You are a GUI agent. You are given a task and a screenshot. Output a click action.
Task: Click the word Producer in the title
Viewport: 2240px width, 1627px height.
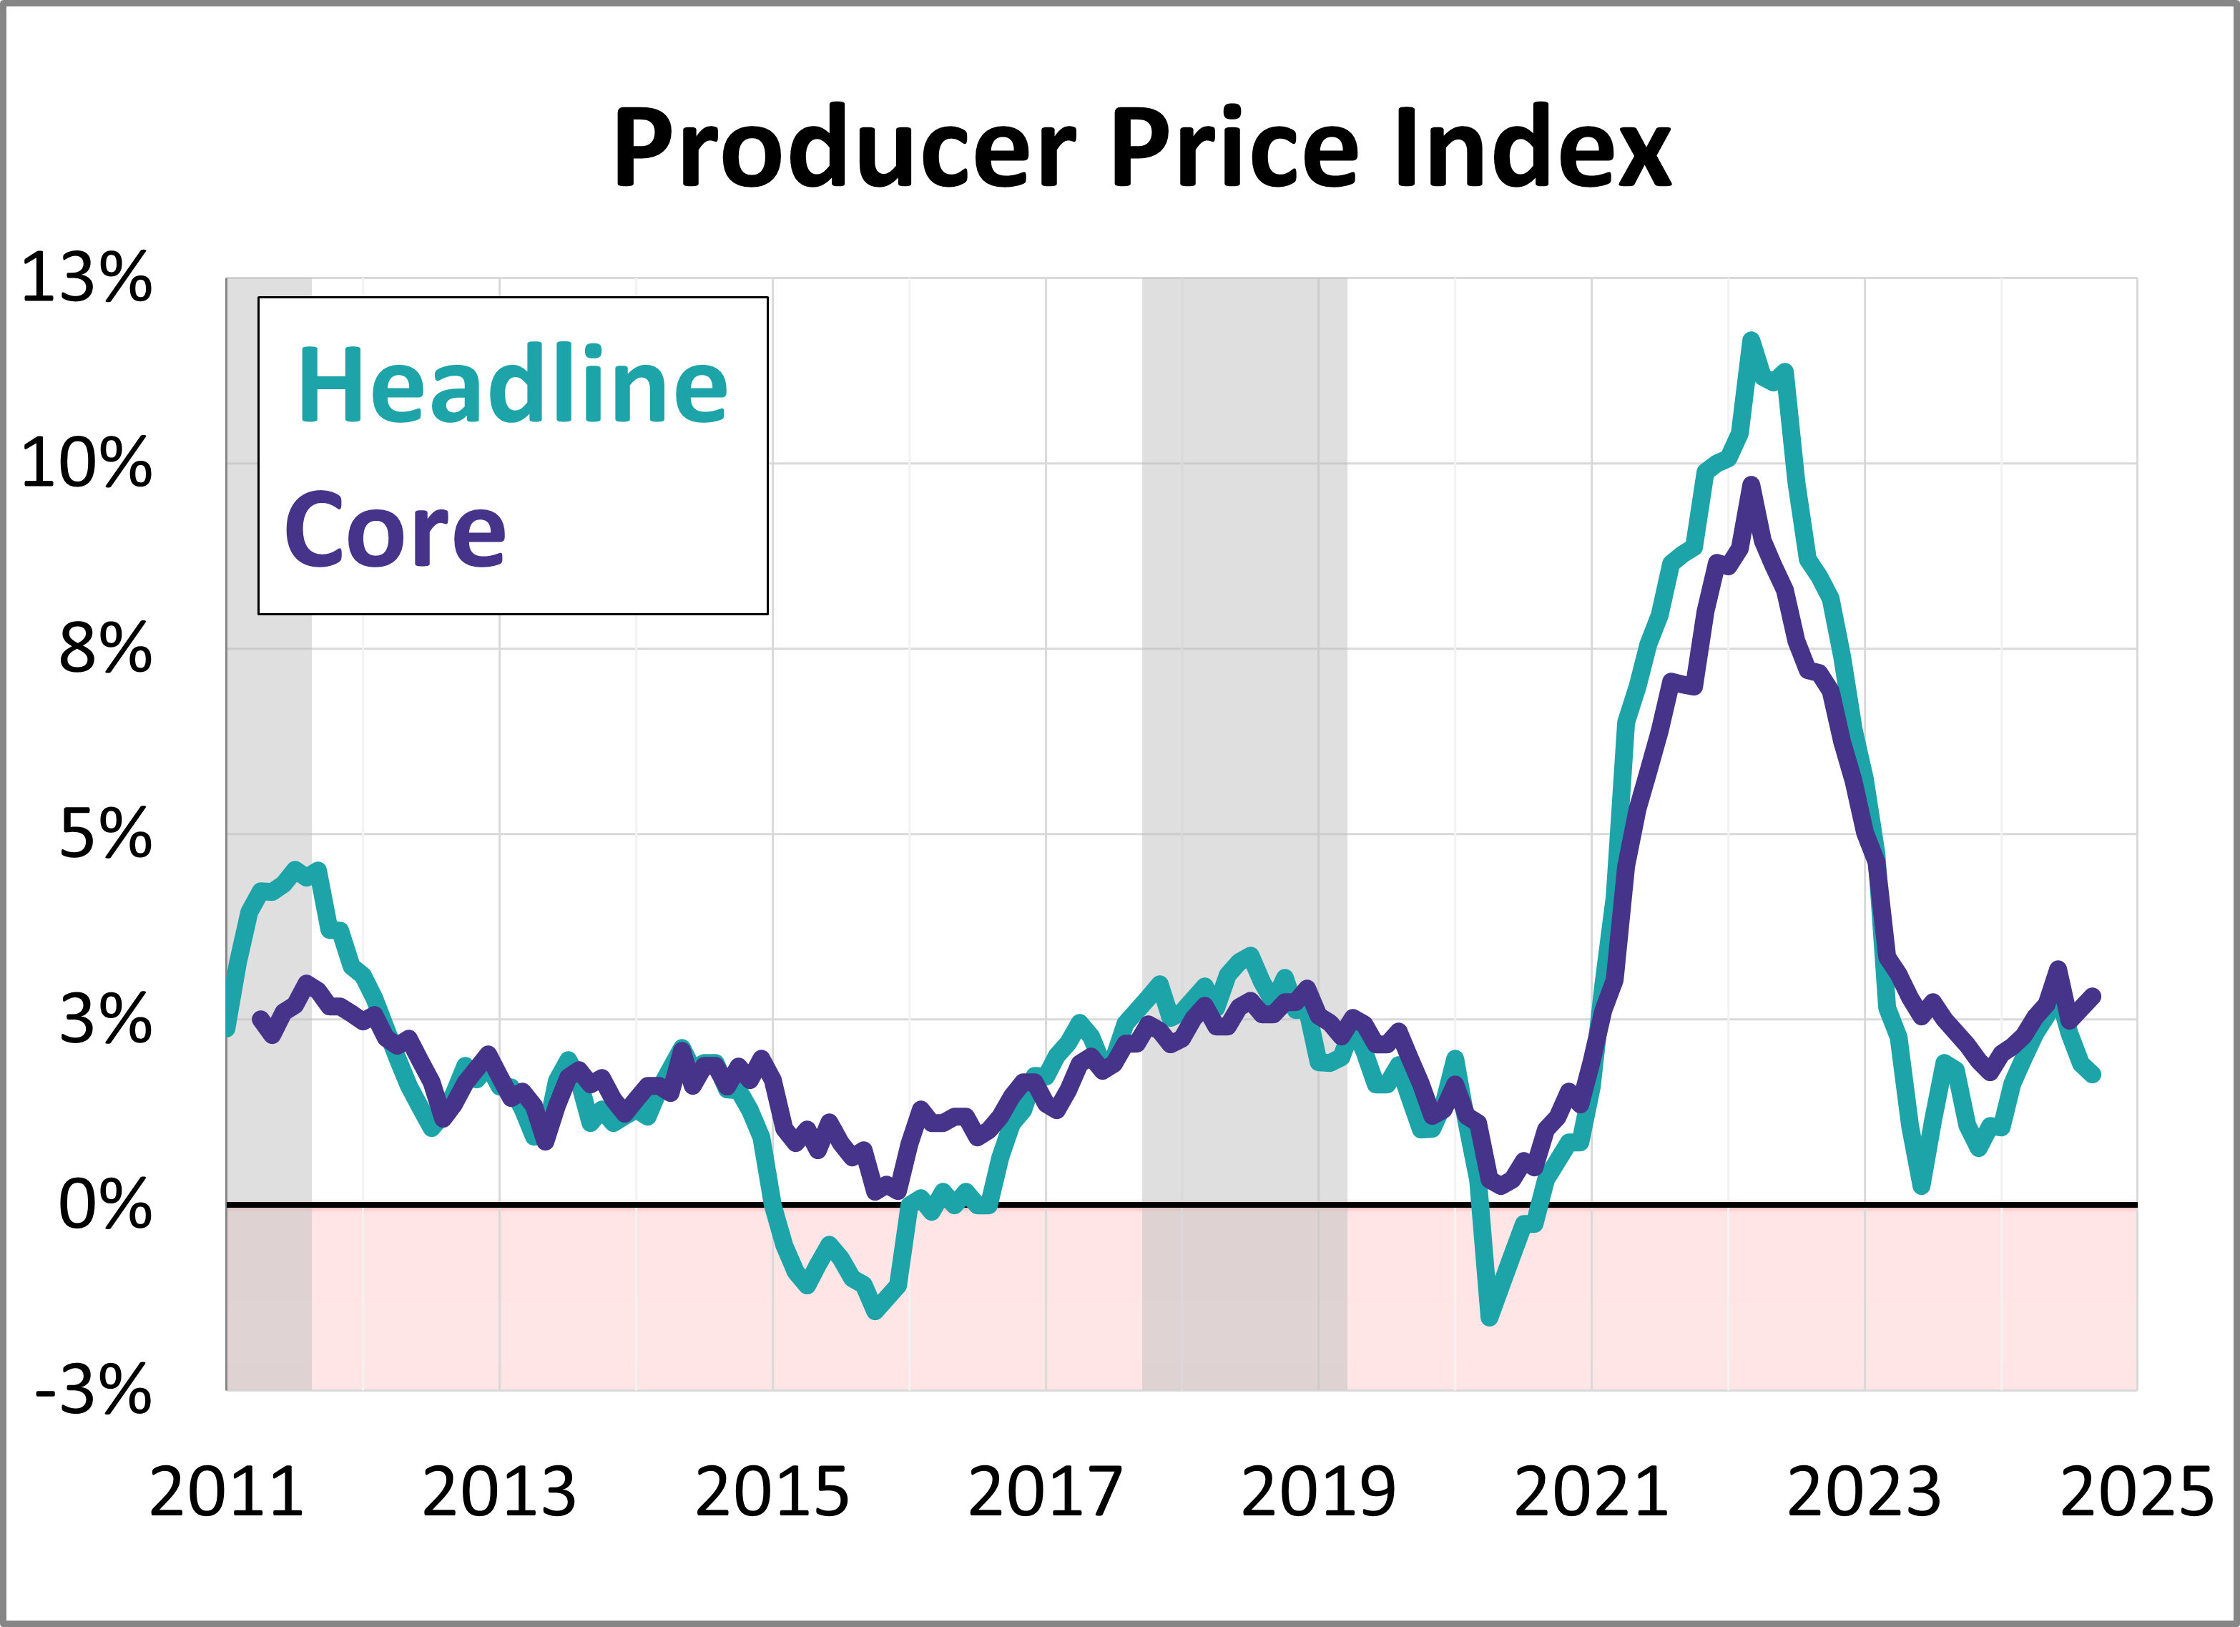click(x=845, y=148)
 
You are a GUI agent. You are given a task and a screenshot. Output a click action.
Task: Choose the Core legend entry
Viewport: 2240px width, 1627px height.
click(x=395, y=532)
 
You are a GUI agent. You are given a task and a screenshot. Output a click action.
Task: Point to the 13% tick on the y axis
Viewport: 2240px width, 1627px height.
click(x=87, y=278)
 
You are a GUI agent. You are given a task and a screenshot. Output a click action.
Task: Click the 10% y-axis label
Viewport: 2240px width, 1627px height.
click(x=87, y=464)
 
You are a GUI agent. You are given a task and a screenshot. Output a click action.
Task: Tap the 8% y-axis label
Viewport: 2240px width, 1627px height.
click(x=104, y=649)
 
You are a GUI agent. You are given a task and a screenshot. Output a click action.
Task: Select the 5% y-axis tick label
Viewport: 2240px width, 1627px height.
click(x=104, y=835)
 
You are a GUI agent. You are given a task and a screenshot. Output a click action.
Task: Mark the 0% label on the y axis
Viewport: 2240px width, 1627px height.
click(x=104, y=1205)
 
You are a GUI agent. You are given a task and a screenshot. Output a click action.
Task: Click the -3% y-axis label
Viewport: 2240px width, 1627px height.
click(x=94, y=1391)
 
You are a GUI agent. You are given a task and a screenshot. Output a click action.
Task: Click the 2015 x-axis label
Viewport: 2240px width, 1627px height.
click(x=772, y=1492)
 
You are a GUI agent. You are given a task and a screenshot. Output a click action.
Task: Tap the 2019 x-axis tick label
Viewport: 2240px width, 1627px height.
click(x=1319, y=1492)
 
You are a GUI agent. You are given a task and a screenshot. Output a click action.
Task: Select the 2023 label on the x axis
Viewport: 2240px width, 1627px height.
click(x=1865, y=1492)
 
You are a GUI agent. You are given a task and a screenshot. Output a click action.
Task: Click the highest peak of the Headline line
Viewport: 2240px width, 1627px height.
click(x=1751, y=341)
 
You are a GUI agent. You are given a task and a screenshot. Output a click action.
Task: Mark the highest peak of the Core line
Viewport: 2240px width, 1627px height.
click(x=1751, y=485)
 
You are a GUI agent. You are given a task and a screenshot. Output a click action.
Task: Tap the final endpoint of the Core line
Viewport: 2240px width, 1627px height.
click(x=2094, y=997)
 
